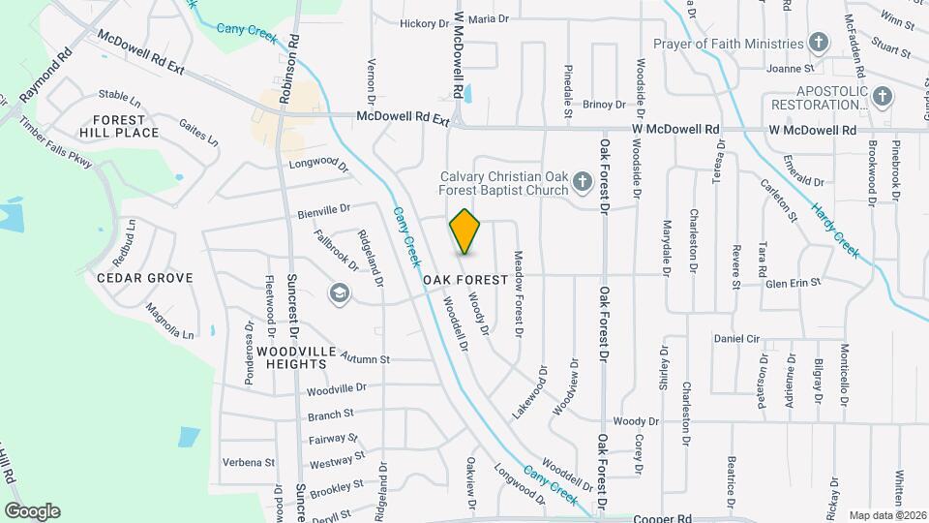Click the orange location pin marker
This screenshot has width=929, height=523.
click(465, 231)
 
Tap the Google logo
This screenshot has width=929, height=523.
click(32, 511)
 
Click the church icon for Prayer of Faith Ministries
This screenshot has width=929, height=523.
click(819, 43)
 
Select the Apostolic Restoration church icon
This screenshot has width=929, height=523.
click(881, 97)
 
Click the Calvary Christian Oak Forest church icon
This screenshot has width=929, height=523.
click(582, 181)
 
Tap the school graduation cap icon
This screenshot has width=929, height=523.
click(339, 292)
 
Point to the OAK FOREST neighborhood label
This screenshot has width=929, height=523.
click(465, 280)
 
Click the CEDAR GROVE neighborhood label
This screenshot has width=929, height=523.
click(145, 278)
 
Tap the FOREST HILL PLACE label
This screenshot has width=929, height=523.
click(119, 126)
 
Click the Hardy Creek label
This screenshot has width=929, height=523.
click(835, 230)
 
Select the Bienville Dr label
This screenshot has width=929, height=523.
click(324, 209)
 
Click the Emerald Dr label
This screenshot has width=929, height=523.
click(803, 181)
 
